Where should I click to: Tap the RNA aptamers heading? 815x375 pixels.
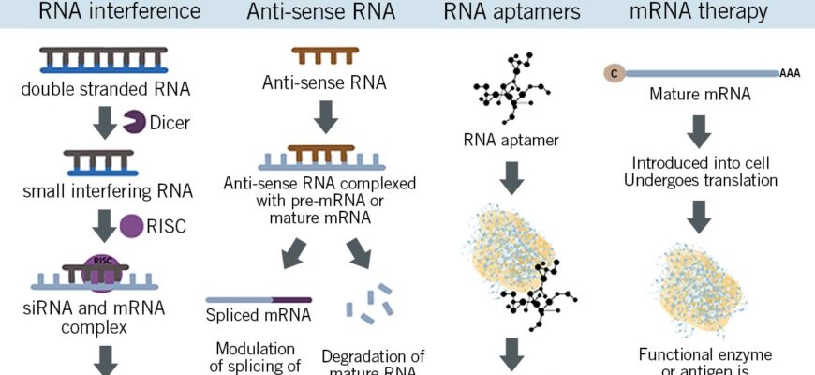512,12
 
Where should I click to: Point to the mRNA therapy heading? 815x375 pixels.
712,12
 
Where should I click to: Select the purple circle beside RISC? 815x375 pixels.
133,226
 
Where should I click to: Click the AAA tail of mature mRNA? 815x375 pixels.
790,73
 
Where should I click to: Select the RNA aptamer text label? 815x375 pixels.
511,142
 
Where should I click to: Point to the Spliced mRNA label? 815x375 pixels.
258,316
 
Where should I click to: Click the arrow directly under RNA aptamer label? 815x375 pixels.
511,177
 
